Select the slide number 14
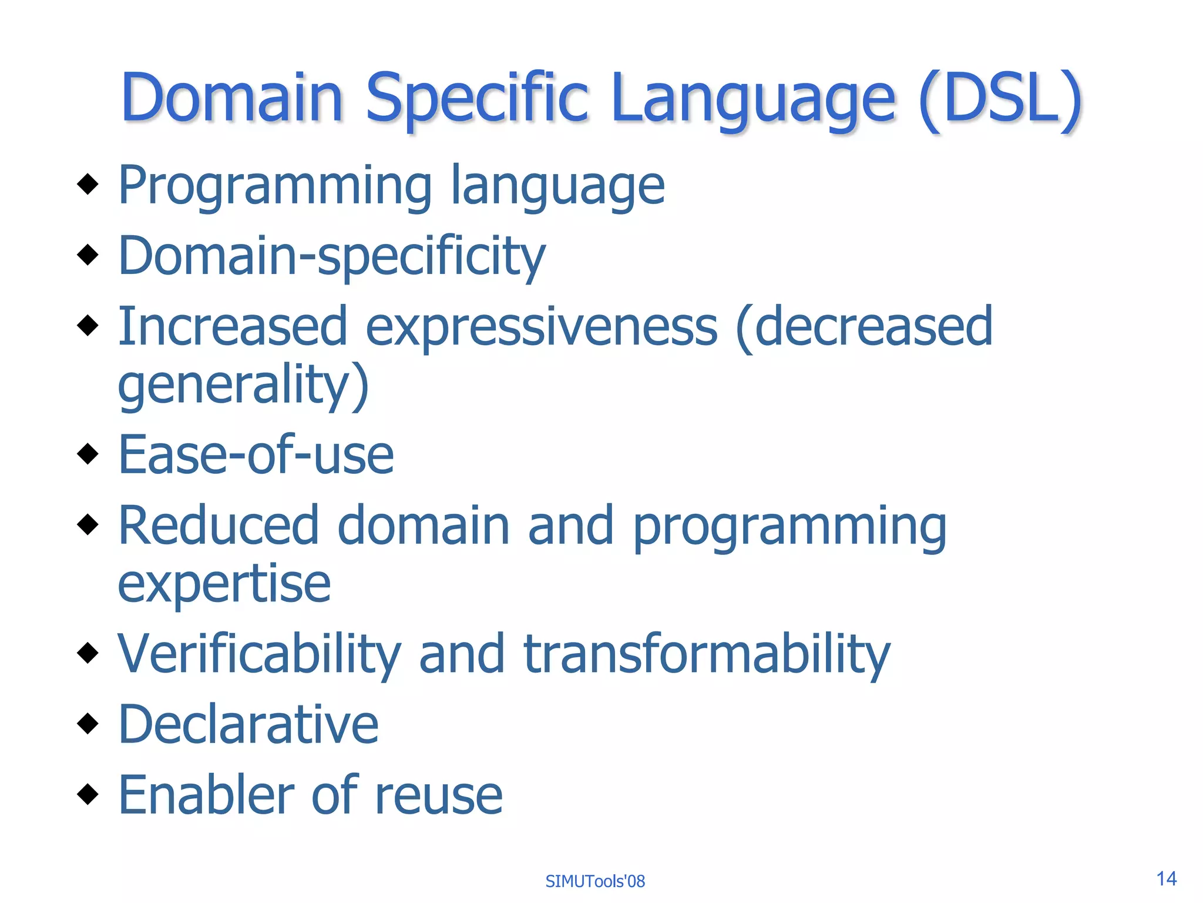[x=1166, y=878]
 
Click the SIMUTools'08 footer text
[x=595, y=881]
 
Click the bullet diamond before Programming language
[x=88, y=184]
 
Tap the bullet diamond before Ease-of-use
[x=88, y=453]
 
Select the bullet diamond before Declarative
[x=88, y=723]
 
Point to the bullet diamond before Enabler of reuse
[x=88, y=794]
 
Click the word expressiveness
[x=541, y=327]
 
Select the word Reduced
[x=219, y=525]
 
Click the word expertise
[x=224, y=585]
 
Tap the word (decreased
[x=863, y=327]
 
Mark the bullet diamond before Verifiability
[x=88, y=652]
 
